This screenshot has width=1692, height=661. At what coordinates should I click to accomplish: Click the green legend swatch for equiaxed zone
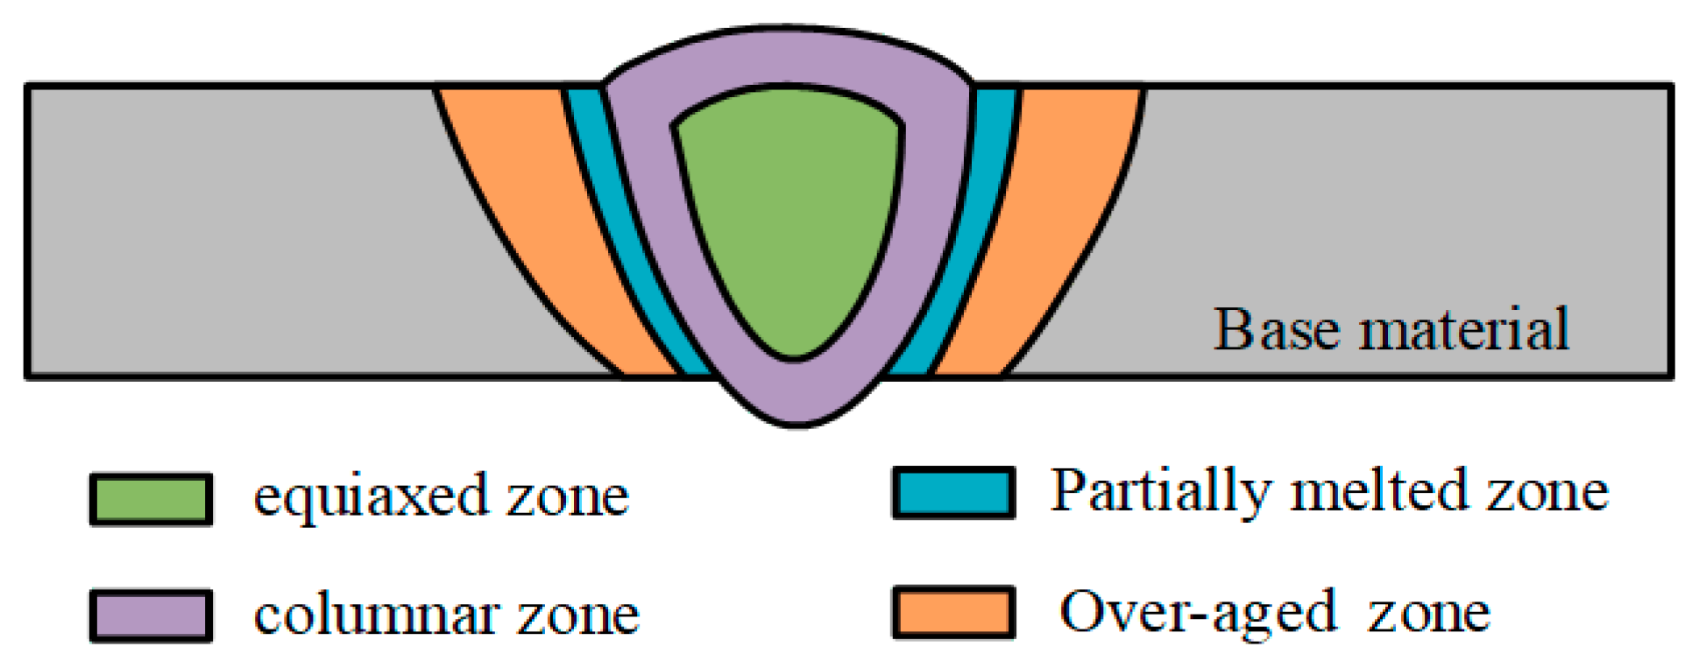pos(151,500)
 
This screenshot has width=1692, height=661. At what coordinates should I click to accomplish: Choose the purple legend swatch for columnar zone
pos(151,616)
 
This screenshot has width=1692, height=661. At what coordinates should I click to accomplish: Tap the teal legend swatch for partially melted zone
pos(953,493)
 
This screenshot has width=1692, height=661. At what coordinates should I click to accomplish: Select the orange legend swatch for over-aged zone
pos(953,613)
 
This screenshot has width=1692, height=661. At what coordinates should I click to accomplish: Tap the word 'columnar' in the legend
pos(376,615)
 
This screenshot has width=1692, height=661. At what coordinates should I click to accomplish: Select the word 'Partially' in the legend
pos(1162,492)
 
